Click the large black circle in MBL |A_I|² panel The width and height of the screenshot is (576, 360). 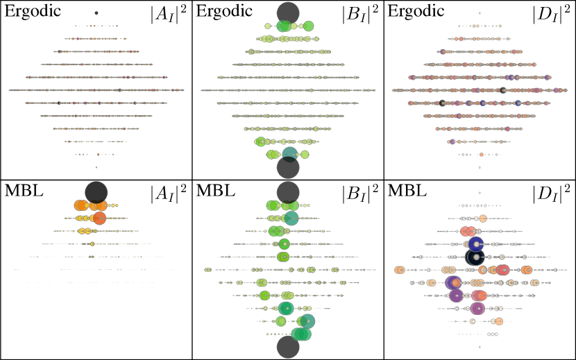96,192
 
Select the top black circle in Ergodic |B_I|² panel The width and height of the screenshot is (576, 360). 287,13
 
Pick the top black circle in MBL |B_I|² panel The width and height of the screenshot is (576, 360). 287,192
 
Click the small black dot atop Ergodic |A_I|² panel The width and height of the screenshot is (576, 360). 96,13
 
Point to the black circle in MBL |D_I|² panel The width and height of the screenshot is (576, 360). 475,257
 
